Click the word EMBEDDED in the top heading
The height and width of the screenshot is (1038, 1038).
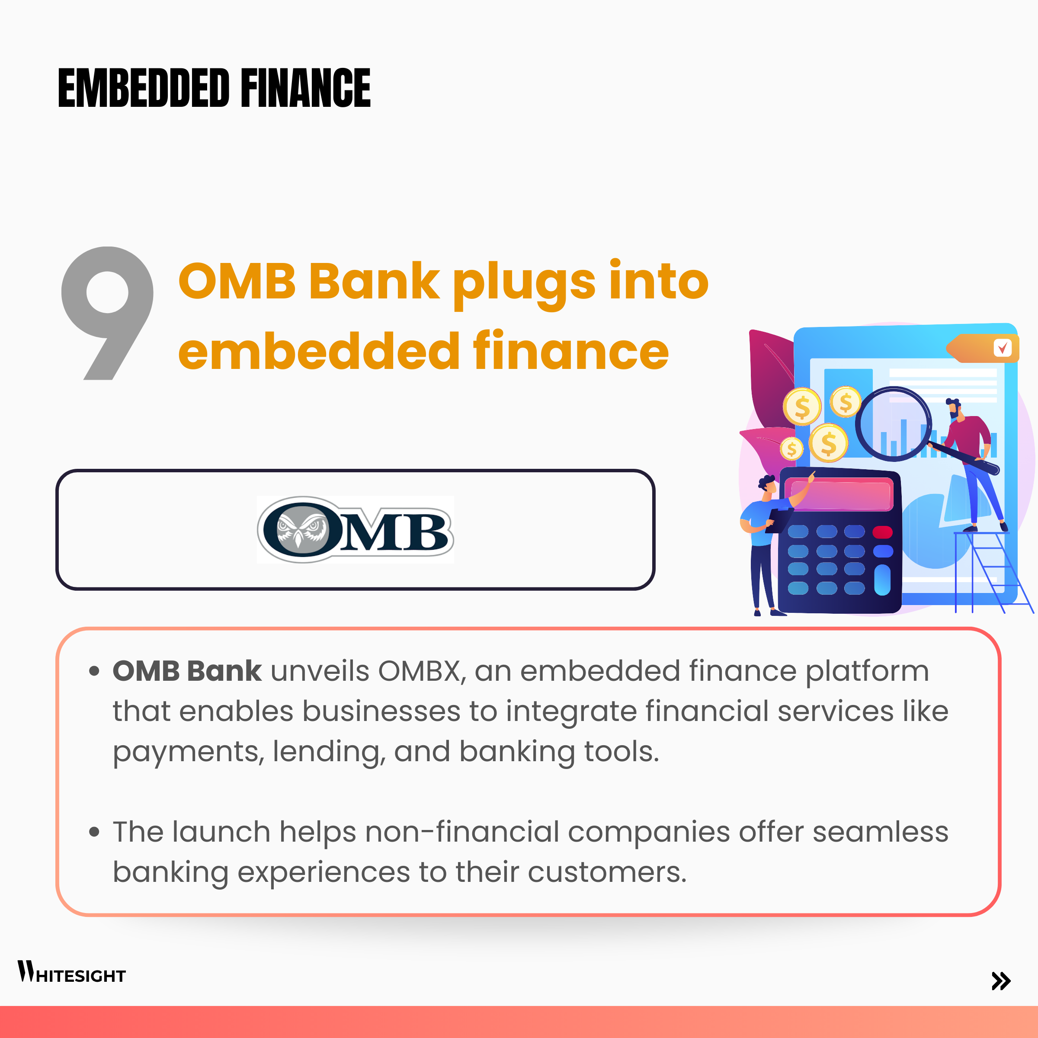pos(144,87)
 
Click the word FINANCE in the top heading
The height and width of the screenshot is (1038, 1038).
pos(306,87)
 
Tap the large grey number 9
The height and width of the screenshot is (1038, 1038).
pos(107,313)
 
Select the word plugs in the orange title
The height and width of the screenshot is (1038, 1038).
pos(524,284)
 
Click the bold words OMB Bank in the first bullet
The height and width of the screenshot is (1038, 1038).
pos(187,671)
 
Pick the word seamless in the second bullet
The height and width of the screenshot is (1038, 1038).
pos(880,832)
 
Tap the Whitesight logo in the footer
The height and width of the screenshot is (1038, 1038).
pos(71,972)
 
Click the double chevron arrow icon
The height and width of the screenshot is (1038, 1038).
pos(1001,981)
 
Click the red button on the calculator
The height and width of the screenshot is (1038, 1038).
pos(883,532)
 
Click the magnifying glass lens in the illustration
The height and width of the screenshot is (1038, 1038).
pos(894,424)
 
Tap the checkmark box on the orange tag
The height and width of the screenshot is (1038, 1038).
pos(1003,348)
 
